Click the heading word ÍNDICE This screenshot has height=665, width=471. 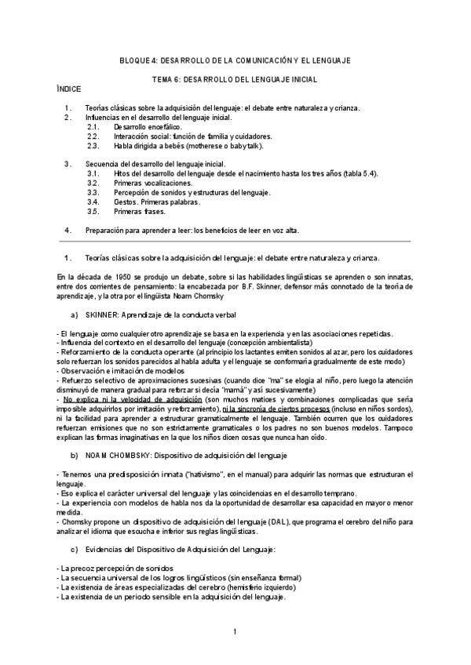tap(70, 89)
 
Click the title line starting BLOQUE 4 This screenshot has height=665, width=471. tap(235, 60)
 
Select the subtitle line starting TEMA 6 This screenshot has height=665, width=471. tap(235, 80)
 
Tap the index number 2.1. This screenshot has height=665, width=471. tap(93, 126)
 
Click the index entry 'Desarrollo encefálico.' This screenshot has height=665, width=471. tap(148, 126)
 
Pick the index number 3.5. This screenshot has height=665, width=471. tap(93, 211)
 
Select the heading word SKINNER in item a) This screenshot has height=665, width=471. tap(100, 314)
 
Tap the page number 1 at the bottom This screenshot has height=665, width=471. tap(235, 631)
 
